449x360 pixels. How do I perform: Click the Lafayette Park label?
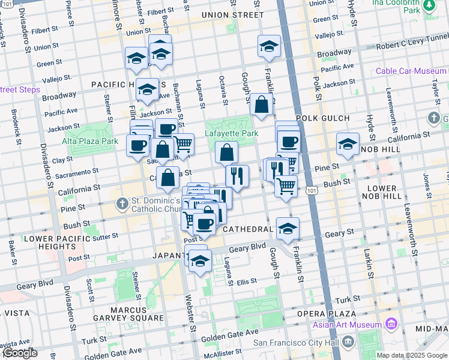[232, 133]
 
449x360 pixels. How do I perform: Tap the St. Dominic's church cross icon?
[122, 202]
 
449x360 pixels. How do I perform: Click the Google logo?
[19, 353]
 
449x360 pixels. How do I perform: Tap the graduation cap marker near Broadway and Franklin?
[269, 46]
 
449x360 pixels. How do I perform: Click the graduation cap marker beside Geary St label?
[288, 228]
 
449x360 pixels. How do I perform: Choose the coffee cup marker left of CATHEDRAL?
[205, 224]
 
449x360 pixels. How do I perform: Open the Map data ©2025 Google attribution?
[412, 355]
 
